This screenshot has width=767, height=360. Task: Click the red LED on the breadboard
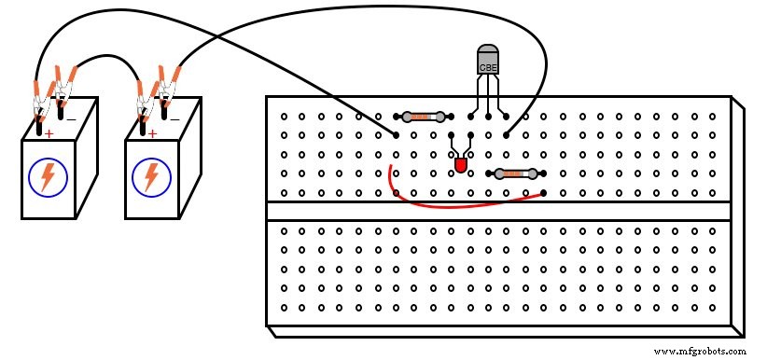(x=460, y=165)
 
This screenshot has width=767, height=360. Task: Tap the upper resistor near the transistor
(x=424, y=117)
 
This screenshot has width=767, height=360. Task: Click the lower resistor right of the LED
(x=515, y=173)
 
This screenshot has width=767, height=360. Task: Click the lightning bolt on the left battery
(x=47, y=177)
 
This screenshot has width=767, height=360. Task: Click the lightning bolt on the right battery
(x=150, y=177)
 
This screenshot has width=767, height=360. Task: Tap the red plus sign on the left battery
(x=48, y=133)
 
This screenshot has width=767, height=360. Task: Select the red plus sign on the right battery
(x=151, y=133)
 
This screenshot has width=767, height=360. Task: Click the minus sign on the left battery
(x=71, y=119)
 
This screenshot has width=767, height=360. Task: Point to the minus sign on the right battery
(x=174, y=119)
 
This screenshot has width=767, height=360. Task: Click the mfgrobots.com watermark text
(x=701, y=352)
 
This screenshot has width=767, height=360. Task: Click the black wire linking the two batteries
(x=105, y=60)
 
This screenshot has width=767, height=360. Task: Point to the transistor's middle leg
(x=488, y=98)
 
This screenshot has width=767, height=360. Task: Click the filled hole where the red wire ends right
(x=543, y=192)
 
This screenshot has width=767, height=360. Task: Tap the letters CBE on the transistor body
(x=488, y=67)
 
